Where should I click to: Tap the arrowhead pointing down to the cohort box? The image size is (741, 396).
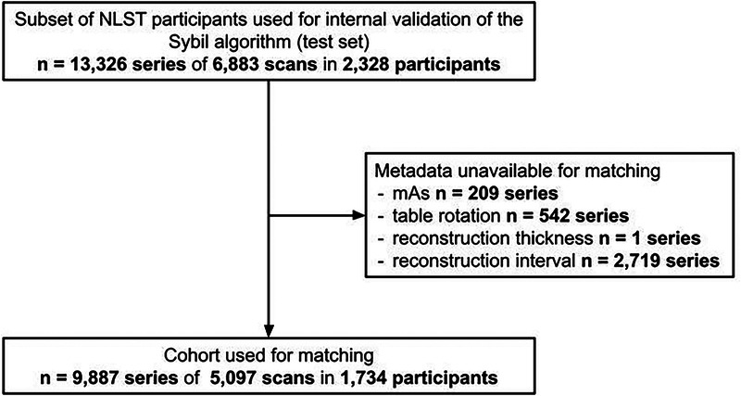click(270, 333)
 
